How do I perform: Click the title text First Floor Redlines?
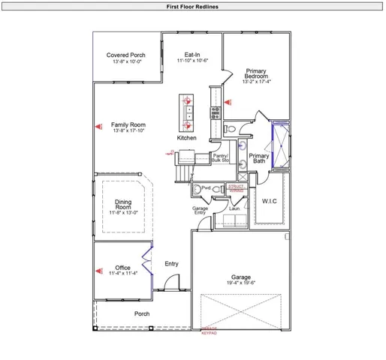point(192,6)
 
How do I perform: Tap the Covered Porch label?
point(126,55)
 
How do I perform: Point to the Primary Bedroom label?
point(256,75)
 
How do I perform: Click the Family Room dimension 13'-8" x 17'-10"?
point(128,131)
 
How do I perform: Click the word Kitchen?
point(187,139)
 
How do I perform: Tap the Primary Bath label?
point(259,159)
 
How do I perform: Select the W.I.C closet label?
point(270,201)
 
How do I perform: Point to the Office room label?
point(123,268)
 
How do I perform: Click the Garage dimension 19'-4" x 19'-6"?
point(241,283)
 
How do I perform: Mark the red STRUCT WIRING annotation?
point(237,189)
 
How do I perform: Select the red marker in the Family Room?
point(98,127)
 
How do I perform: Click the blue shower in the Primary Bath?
point(281,144)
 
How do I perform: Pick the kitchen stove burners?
point(215,112)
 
